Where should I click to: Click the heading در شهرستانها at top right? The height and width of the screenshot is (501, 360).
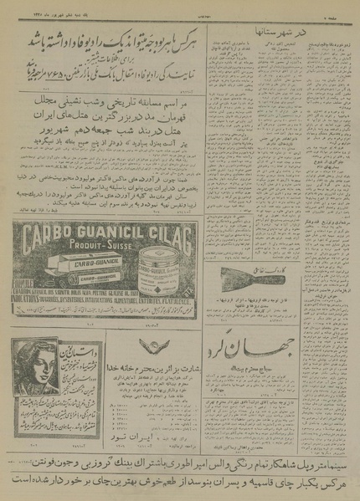coord(324,31)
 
